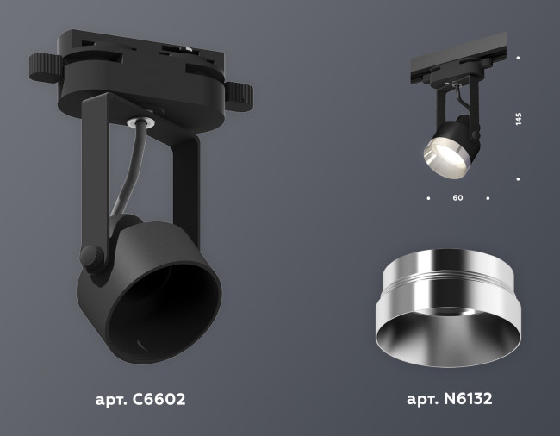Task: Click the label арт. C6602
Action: coord(140,400)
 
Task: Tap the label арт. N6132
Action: coord(449,400)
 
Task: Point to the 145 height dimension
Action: coord(519,119)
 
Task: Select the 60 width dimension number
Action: coord(457,198)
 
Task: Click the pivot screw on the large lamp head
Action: coord(90,256)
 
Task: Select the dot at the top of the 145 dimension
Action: coord(518,58)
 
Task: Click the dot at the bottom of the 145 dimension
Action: coord(518,179)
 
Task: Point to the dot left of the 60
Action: coord(427,198)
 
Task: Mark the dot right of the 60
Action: coord(488,198)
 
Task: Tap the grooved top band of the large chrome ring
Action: coord(449,273)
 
